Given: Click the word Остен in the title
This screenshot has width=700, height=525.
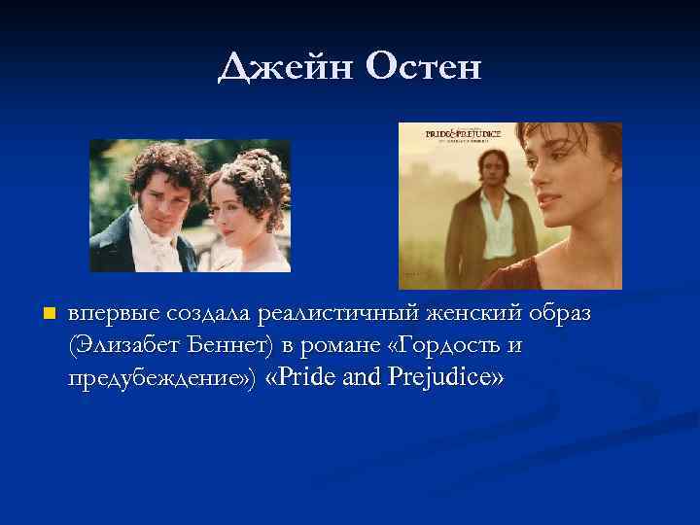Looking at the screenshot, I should [x=425, y=68].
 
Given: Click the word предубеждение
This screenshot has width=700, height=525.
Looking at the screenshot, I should [x=159, y=379].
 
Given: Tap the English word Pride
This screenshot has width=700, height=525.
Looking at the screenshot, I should [x=309, y=377].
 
